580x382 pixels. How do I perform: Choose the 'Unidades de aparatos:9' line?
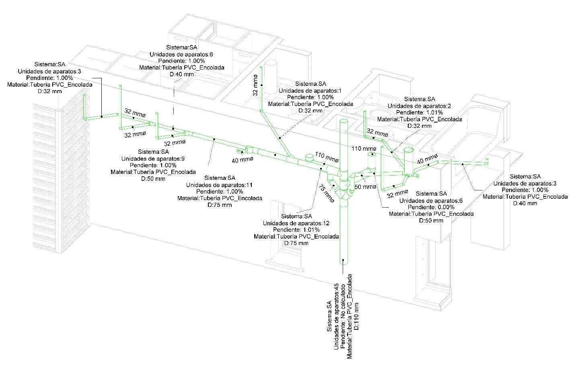(x=153, y=159)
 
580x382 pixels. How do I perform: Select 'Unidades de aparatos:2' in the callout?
(x=419, y=106)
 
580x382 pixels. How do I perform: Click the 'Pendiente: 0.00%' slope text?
(x=431, y=207)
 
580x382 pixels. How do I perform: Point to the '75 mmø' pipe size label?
(x=327, y=193)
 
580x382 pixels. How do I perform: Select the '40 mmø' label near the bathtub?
(x=427, y=159)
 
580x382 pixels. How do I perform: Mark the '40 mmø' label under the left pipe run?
(x=243, y=160)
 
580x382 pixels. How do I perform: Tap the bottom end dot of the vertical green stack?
(x=343, y=260)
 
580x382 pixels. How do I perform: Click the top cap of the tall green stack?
(x=343, y=121)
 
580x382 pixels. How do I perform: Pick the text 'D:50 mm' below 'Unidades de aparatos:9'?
(x=153, y=178)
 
